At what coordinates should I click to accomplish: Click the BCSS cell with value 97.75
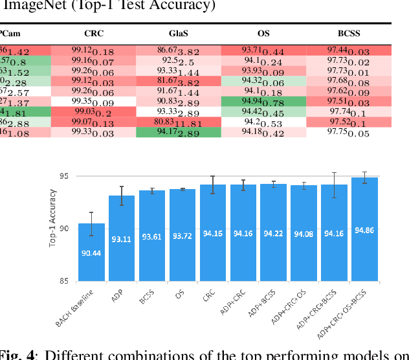349,133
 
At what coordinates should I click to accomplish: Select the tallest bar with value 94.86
364,230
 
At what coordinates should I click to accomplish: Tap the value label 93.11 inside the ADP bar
122,239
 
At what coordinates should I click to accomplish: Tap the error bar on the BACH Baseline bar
91,224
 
